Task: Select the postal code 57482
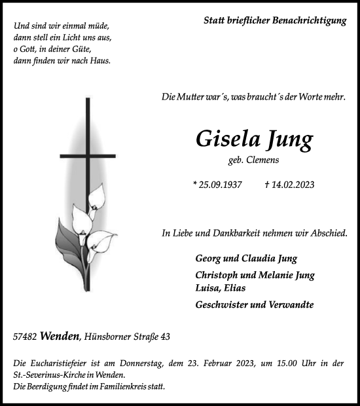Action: [x=24, y=337]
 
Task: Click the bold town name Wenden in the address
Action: [x=60, y=337]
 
